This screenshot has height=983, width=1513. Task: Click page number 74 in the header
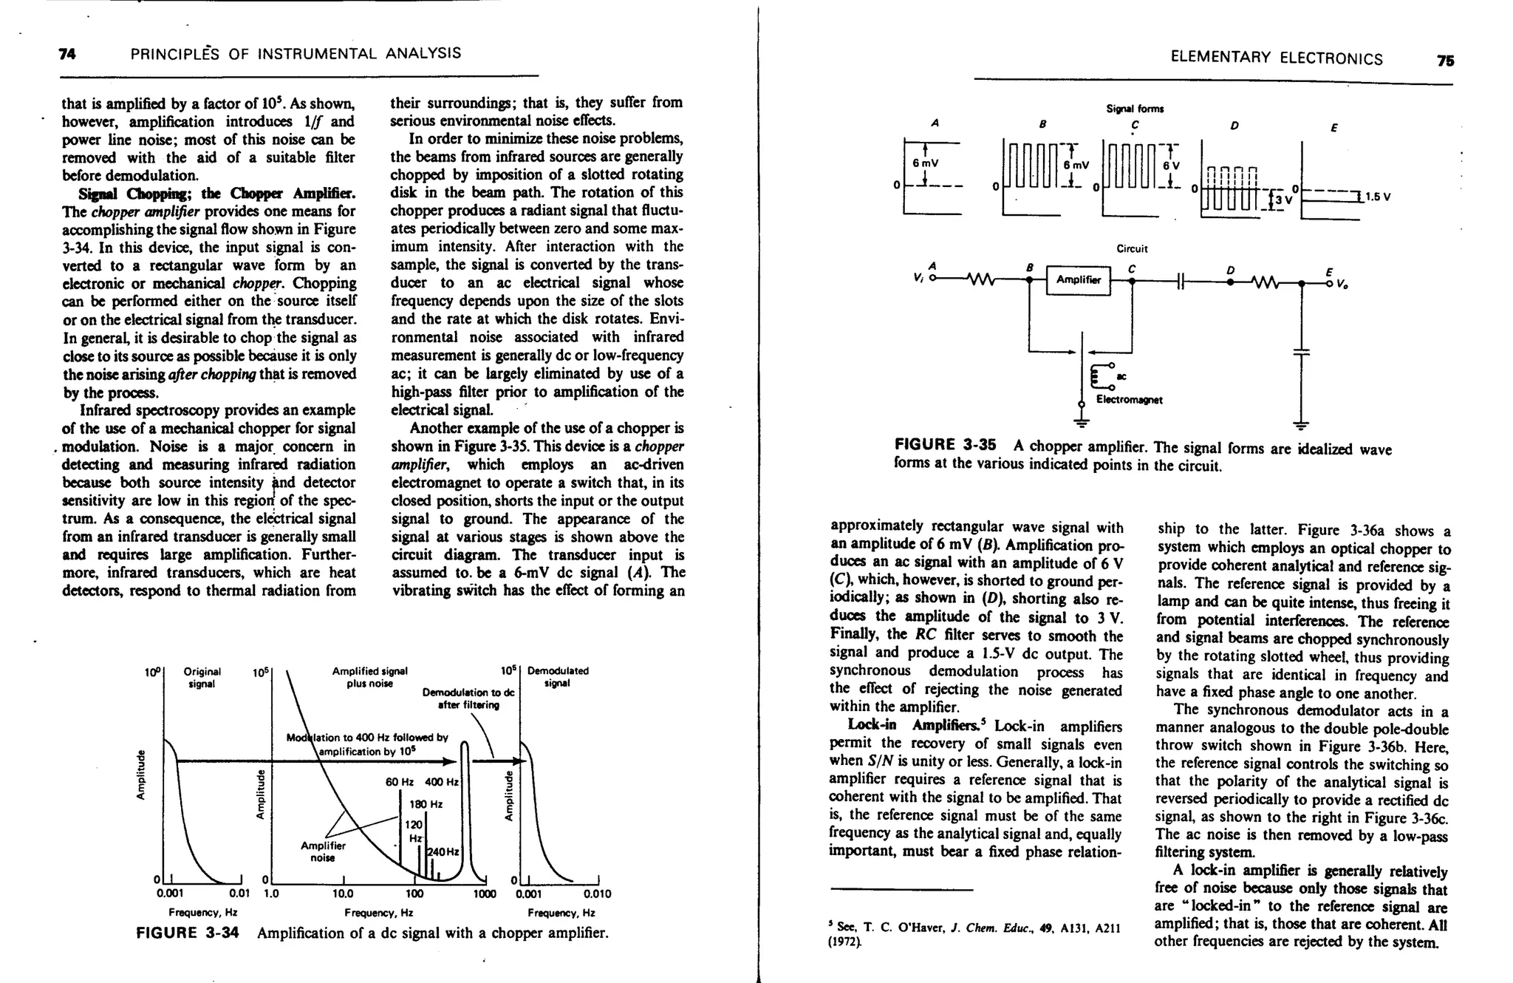[x=67, y=54]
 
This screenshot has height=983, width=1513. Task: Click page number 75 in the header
[x=1445, y=61]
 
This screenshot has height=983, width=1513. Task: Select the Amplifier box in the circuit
[x=1078, y=280]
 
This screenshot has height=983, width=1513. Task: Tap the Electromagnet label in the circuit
[x=1129, y=400]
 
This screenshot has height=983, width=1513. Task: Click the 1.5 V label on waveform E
[x=1378, y=197]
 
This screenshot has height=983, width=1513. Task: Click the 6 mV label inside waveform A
[x=926, y=163]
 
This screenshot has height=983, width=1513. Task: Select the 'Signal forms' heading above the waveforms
[x=1135, y=109]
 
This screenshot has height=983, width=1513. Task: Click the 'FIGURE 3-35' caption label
[x=944, y=445]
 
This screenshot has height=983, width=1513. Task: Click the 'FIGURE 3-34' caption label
[x=188, y=933]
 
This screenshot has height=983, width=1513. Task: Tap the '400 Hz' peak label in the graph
[x=442, y=782]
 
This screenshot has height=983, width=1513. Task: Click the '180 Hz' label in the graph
[x=426, y=804]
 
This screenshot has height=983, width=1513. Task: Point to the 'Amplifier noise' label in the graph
[x=323, y=851]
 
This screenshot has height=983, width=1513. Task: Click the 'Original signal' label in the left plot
[x=202, y=677]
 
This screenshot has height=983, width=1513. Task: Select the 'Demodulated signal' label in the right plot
[x=557, y=677]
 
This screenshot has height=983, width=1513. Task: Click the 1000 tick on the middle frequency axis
[x=485, y=894]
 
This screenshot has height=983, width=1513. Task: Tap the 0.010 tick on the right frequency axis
[x=598, y=894]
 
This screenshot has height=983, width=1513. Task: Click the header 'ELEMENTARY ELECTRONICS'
[x=1277, y=59]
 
